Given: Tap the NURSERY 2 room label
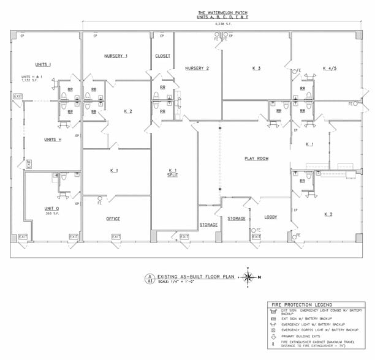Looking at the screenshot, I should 197,68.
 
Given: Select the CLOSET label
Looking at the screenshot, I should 162,56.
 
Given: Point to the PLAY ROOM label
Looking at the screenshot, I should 256,159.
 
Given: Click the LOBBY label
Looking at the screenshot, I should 270,217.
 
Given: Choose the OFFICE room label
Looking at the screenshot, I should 113,219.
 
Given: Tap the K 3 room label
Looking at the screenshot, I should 256,68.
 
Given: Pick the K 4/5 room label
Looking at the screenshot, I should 331,68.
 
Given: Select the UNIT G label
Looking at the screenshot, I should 51,208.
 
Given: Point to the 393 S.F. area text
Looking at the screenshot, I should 51,214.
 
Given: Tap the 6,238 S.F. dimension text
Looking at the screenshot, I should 223,24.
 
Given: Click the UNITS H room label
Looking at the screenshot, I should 53,140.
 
